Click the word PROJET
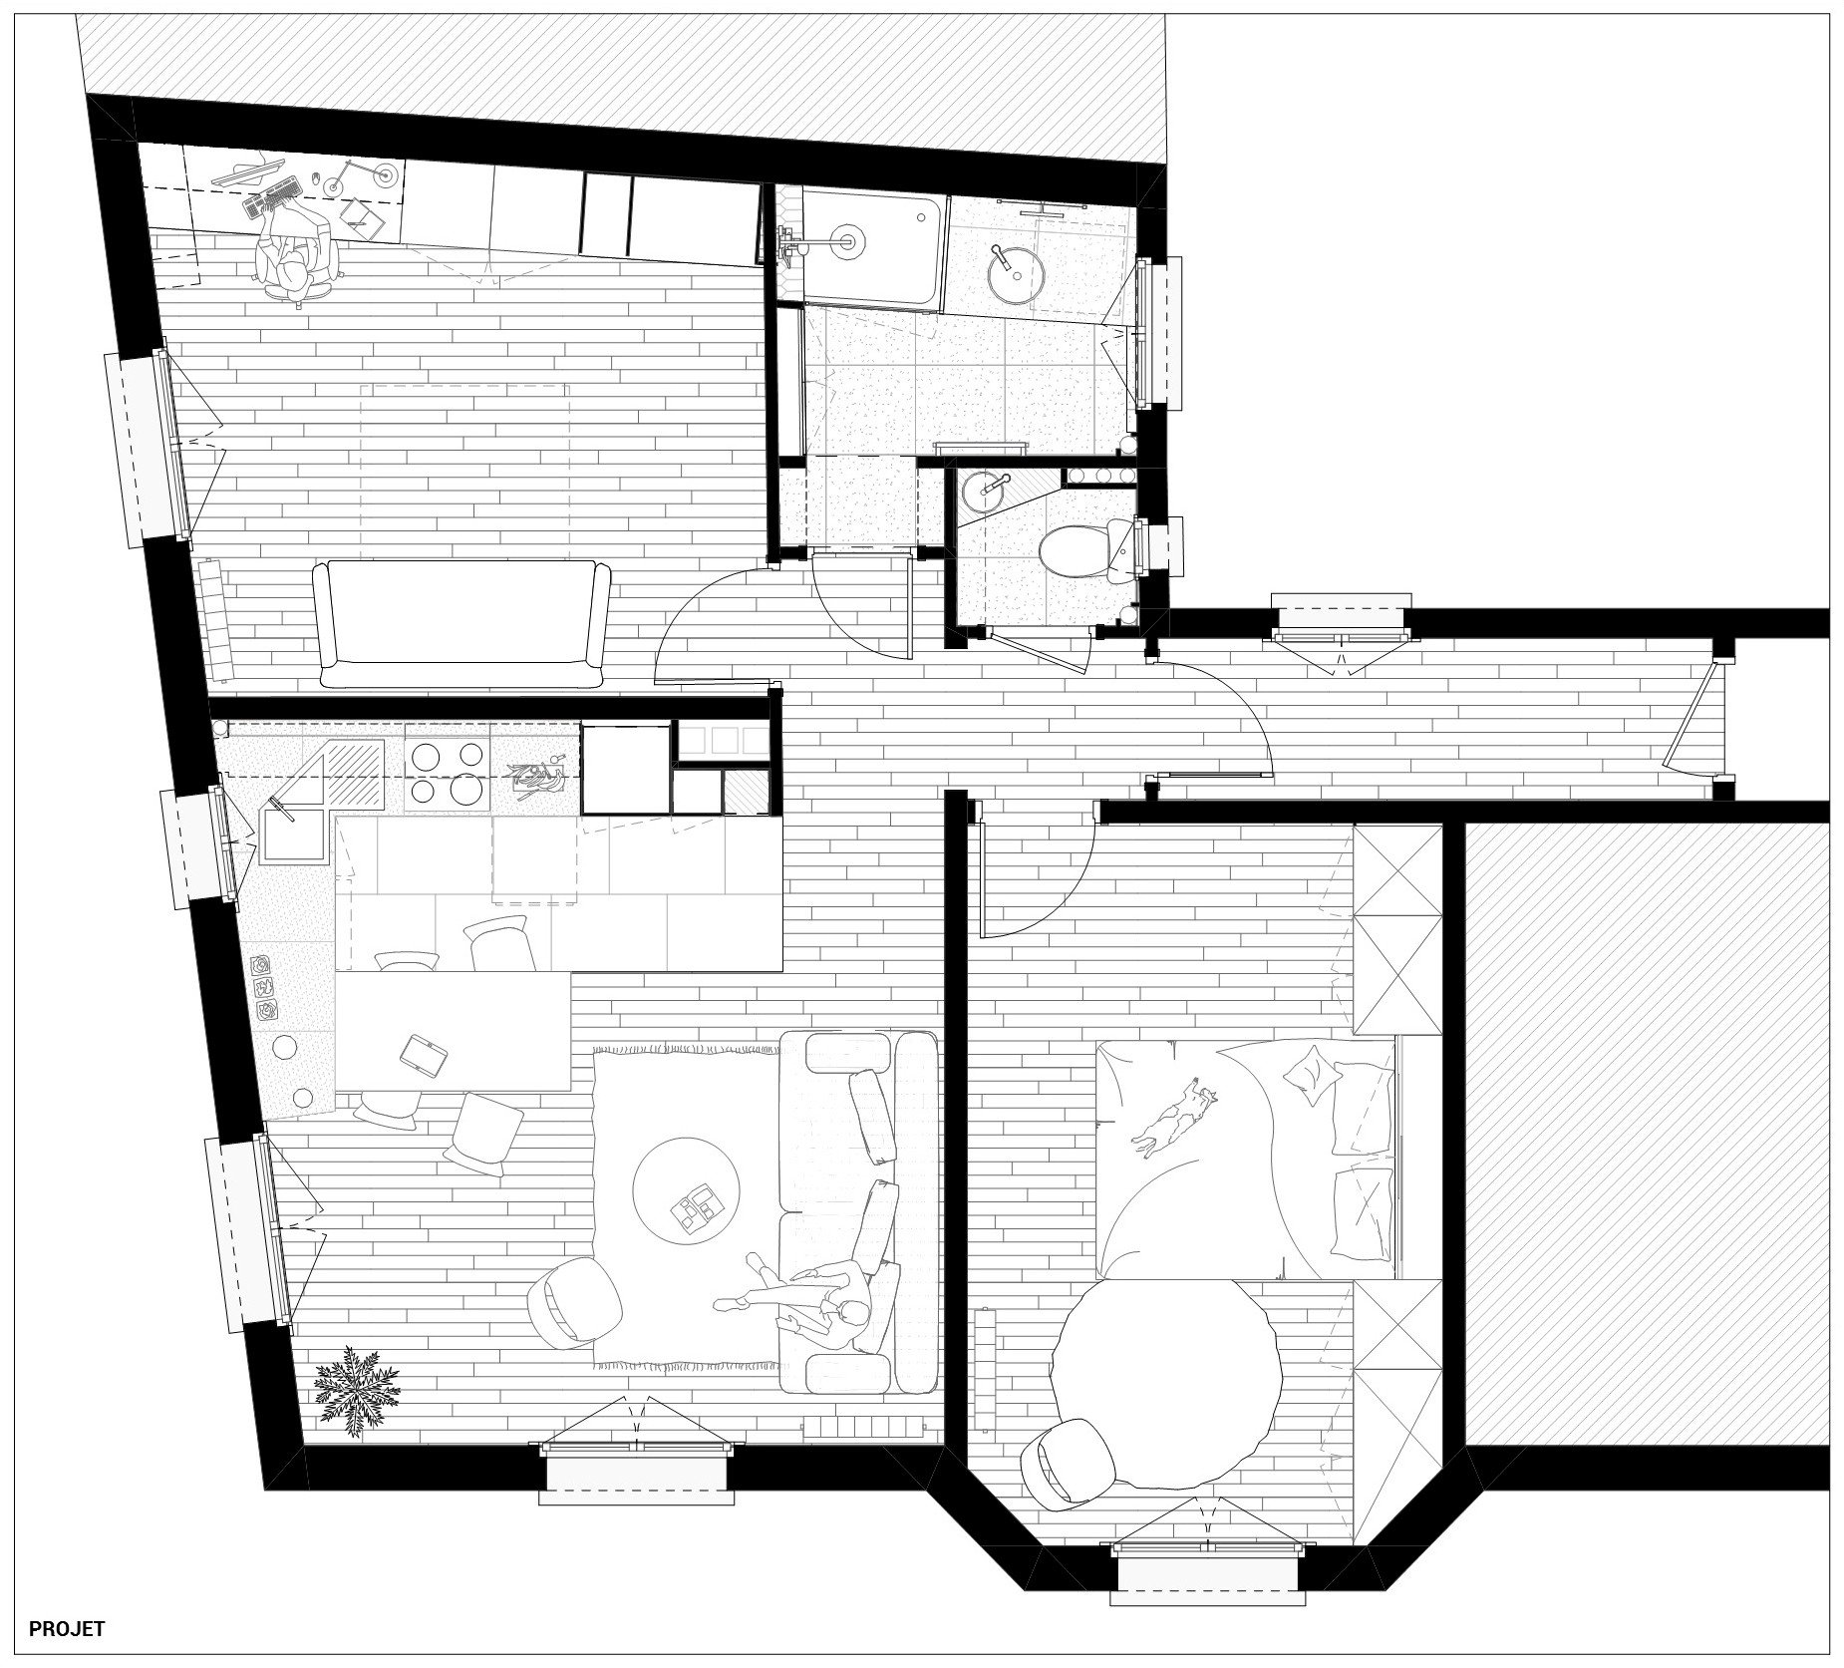(x=67, y=1630)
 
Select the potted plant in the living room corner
(x=356, y=1390)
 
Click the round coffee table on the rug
(x=687, y=1190)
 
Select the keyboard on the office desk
(x=270, y=195)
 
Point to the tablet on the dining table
(x=424, y=1054)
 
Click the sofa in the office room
(x=461, y=624)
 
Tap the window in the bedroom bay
(x=1208, y=1559)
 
